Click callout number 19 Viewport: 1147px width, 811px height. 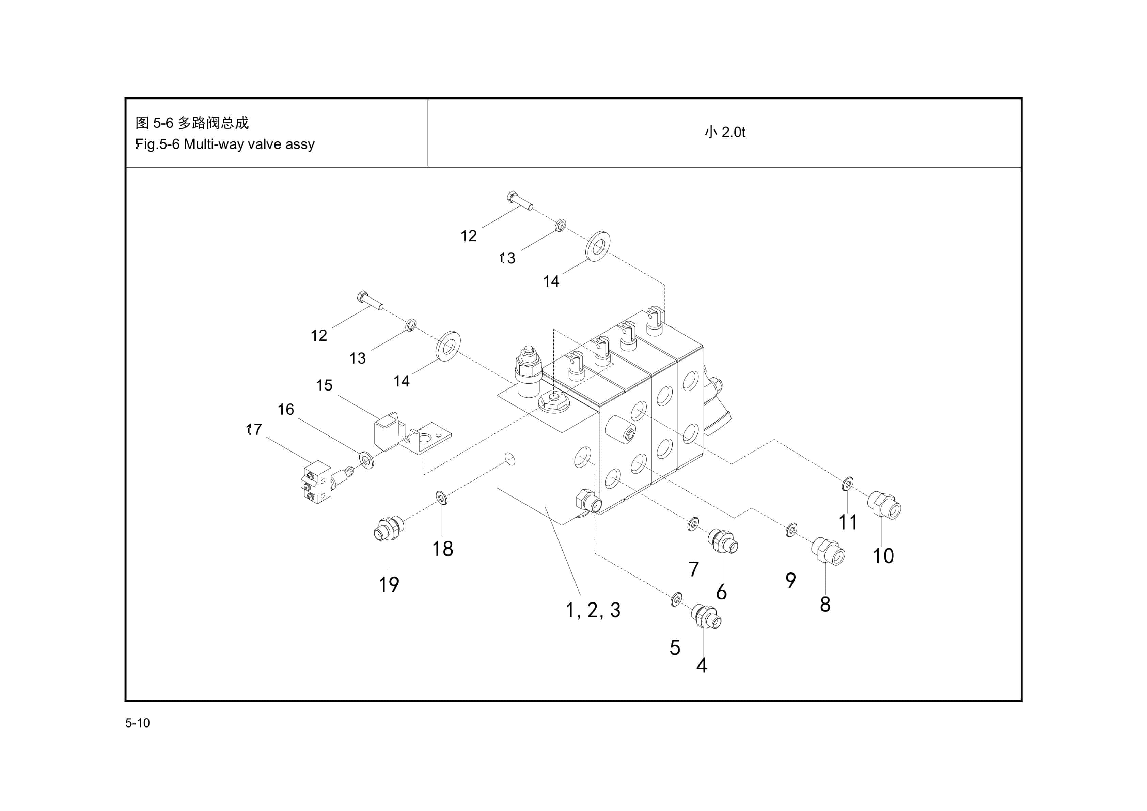click(x=389, y=584)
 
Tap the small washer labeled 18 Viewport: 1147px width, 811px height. click(x=441, y=498)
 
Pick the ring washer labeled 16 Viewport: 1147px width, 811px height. click(x=366, y=459)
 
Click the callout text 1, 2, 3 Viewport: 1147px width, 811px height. click(x=593, y=610)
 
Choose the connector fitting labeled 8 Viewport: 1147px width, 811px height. click(x=827, y=551)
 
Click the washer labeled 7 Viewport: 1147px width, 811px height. click(x=693, y=524)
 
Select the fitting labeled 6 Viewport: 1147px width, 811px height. click(x=722, y=541)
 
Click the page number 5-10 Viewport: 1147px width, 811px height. click(x=137, y=723)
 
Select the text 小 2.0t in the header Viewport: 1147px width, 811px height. click(x=724, y=132)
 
